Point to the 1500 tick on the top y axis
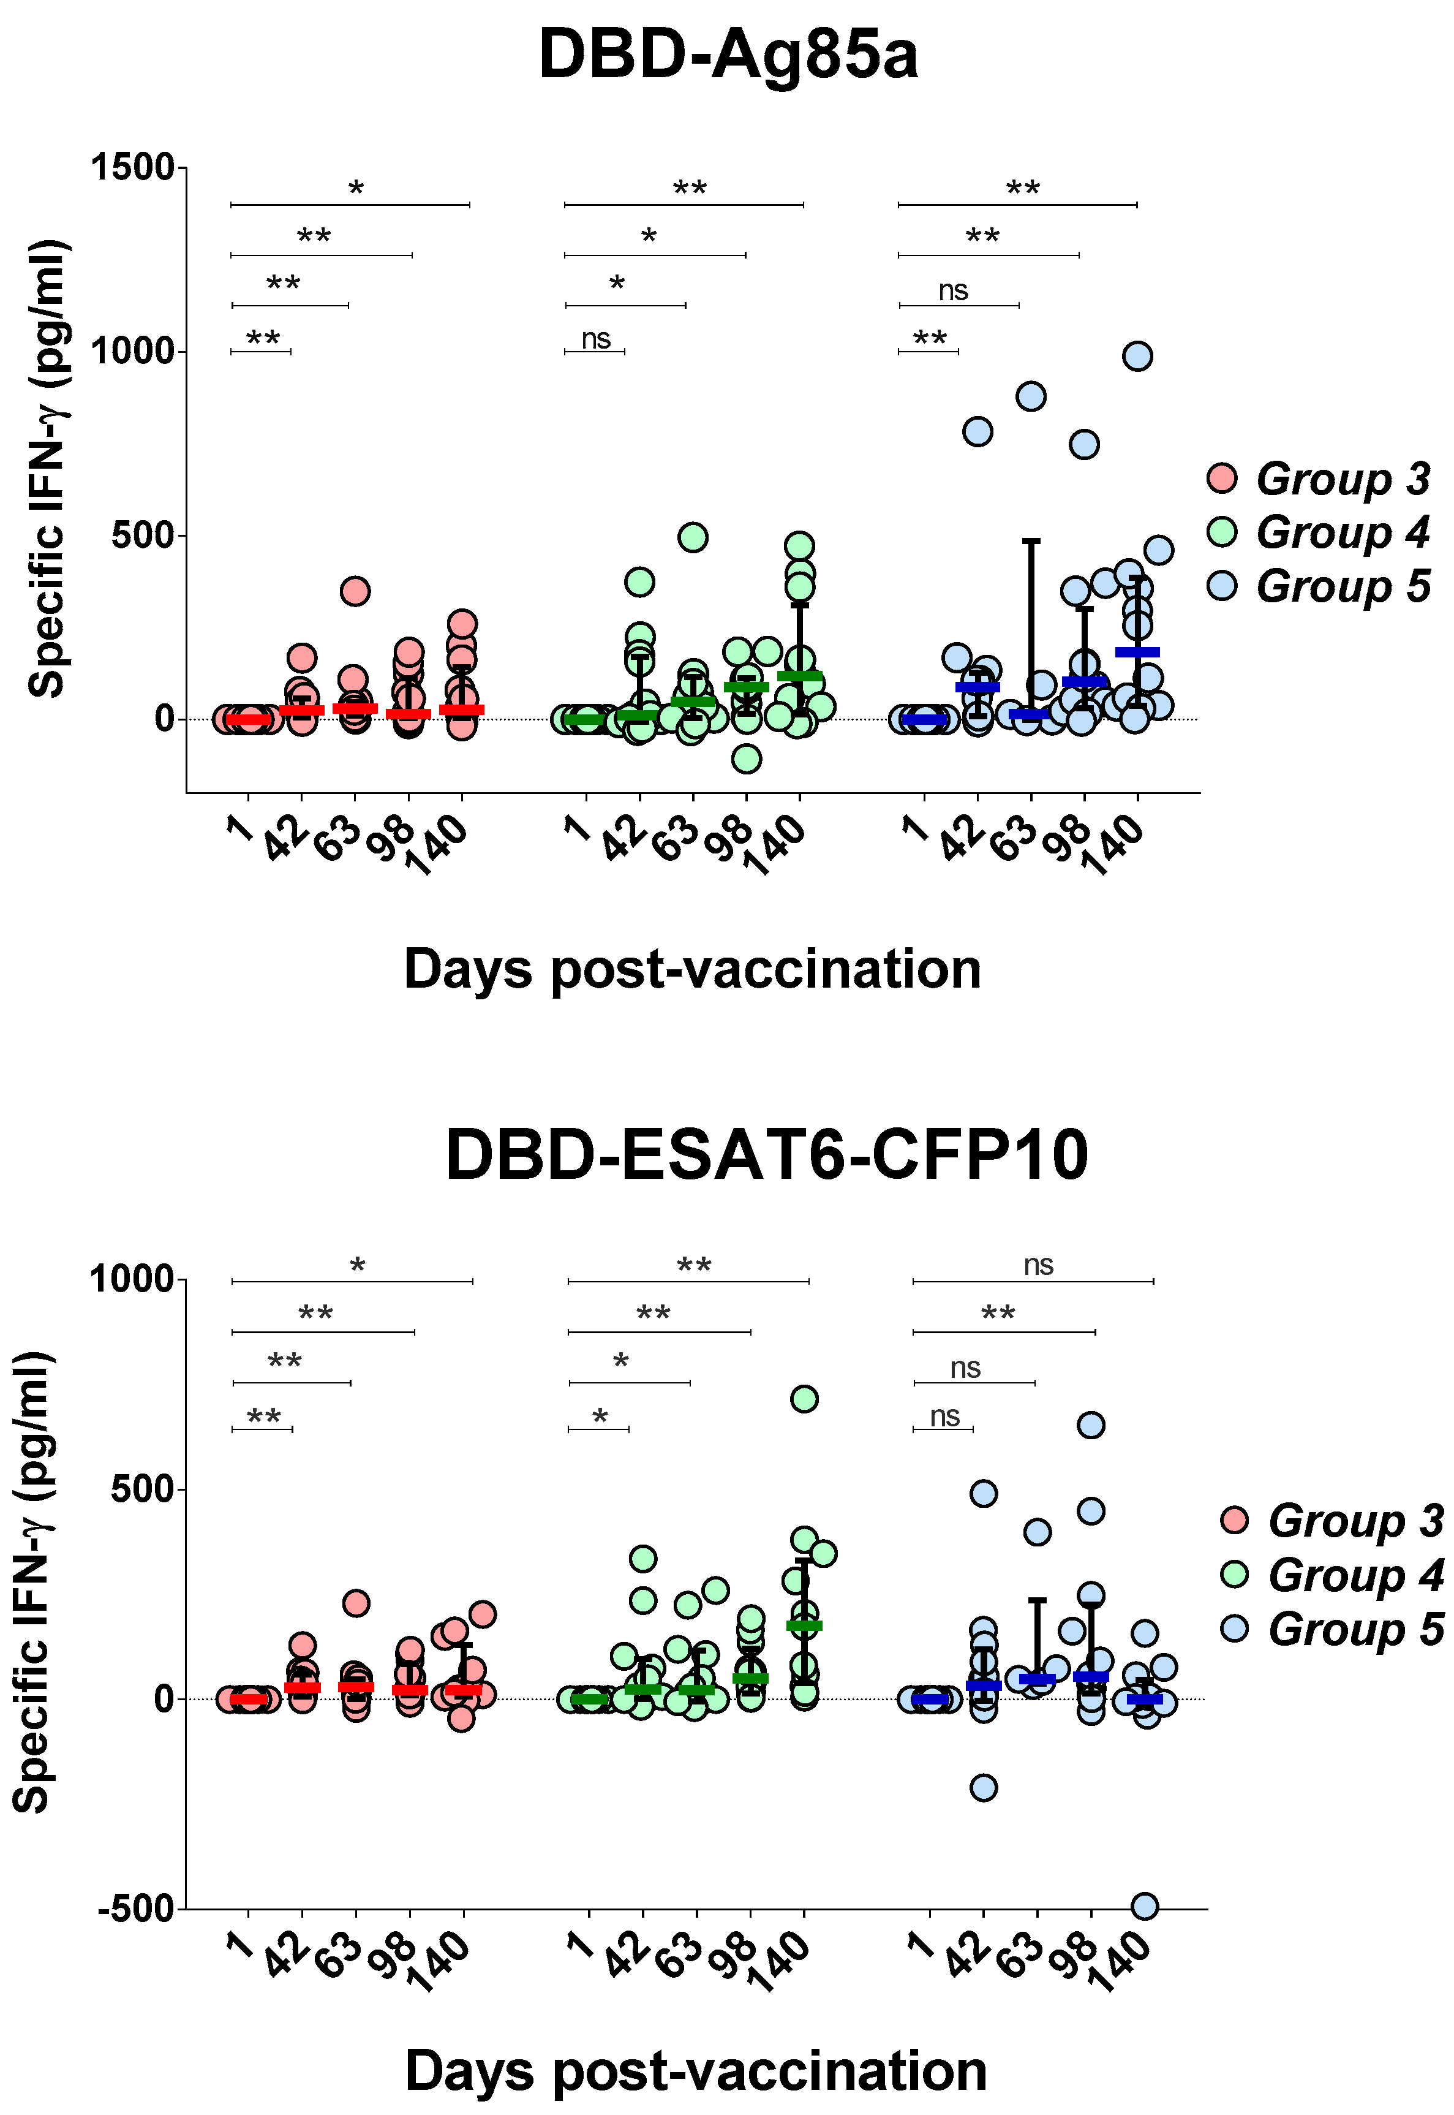[132, 168]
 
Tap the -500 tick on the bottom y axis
[136, 1908]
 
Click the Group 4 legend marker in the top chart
[1222, 531]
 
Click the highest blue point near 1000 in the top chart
[1137, 357]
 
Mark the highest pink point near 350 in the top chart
[355, 591]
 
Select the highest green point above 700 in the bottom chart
[804, 1399]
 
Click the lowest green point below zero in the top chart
[746, 758]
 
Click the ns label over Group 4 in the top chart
[596, 339]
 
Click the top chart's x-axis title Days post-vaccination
[692, 969]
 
